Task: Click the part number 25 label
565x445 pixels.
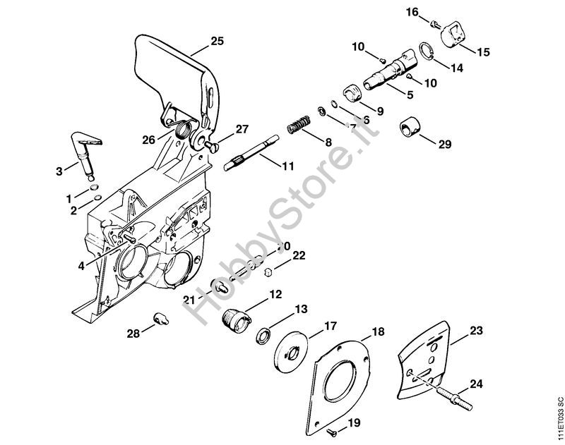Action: (217, 42)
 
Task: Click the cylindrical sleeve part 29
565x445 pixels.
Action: (408, 127)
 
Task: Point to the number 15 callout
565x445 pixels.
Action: (483, 51)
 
